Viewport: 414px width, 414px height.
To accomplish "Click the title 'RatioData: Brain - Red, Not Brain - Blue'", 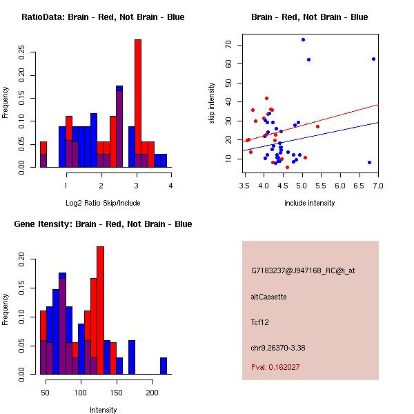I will pos(103,17).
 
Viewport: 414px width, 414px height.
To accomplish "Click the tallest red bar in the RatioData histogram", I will pos(137,103).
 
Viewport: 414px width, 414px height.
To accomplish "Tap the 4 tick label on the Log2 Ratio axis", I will pos(170,186).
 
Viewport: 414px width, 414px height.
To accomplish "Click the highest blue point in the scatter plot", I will pos(303,39).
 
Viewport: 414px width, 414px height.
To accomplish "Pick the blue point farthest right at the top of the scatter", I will pos(373,59).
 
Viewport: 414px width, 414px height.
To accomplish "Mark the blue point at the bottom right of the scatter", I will pos(369,162).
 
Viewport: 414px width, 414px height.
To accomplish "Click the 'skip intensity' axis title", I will pos(212,103).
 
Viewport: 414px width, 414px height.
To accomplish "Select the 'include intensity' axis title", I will pos(310,203).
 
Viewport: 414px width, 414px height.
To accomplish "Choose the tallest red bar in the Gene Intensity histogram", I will pos(100,310).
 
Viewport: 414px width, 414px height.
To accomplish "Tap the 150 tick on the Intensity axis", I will pos(117,393).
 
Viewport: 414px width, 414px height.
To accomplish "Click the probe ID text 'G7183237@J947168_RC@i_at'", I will pos(303,271).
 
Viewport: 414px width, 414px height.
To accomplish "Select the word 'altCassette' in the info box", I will pos(269,297).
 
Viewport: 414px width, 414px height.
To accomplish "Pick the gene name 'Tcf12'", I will pos(260,322).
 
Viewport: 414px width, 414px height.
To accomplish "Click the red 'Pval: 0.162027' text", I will pos(275,367).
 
